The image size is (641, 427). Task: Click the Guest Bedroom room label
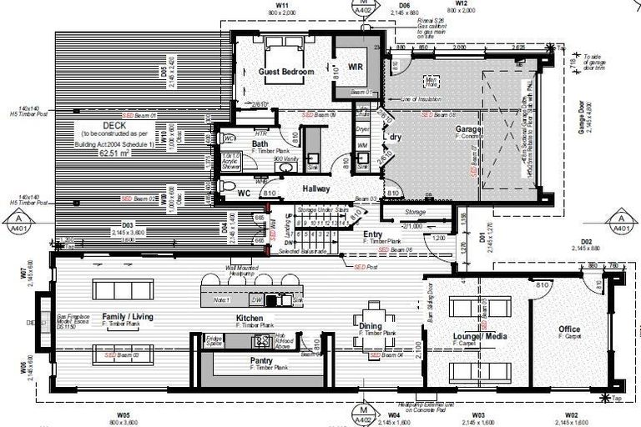click(x=285, y=73)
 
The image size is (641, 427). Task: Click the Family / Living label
click(x=128, y=317)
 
